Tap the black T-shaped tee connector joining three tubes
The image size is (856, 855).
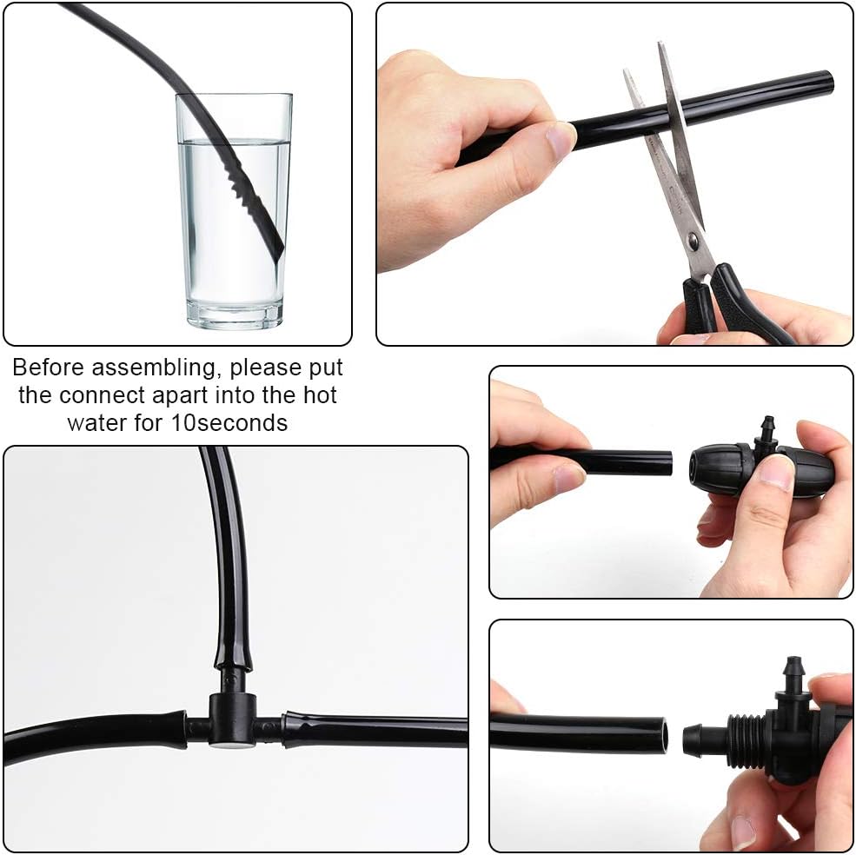coord(232,718)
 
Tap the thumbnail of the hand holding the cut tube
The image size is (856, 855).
coord(561,138)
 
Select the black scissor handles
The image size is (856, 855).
coord(730,304)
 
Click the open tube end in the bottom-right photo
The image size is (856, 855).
coord(662,734)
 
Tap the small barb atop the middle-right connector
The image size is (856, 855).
coord(766,429)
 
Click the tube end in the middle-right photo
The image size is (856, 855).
coord(667,462)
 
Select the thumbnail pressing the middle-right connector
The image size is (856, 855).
coord(776,473)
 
